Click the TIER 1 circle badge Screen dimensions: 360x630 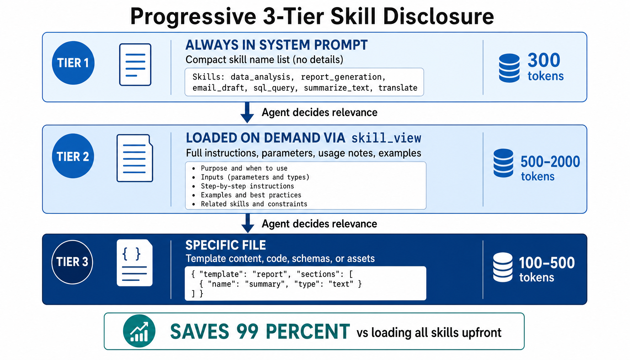[73, 63]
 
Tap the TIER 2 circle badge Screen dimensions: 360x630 [73, 156]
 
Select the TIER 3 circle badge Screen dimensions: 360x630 [72, 262]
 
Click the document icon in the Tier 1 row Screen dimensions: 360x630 [135, 65]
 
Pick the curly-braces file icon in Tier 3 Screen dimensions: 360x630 [135, 263]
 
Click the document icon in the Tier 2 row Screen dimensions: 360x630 [135, 158]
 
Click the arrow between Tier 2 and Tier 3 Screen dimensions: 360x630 [247, 223]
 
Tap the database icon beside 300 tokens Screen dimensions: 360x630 [509, 68]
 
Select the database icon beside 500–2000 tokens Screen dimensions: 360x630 [503, 163]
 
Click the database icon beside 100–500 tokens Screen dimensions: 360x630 [503, 267]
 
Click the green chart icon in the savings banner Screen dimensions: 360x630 [139, 331]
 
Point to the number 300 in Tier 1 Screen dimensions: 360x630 [544, 60]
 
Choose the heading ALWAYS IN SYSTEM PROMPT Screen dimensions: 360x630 [276, 45]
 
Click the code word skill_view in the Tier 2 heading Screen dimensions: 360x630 [386, 138]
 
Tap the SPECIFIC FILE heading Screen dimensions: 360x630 [225, 245]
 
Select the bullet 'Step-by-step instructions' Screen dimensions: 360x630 [247, 186]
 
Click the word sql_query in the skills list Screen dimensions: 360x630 [275, 88]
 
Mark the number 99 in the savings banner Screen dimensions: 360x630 [247, 332]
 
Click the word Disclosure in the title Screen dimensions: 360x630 [438, 16]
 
